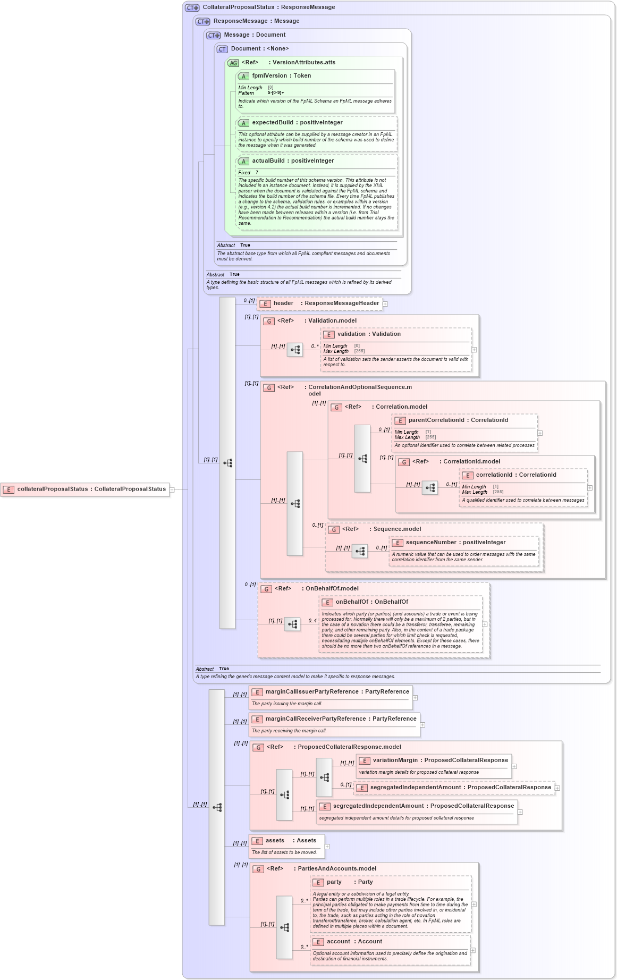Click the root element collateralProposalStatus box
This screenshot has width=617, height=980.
[x=85, y=489]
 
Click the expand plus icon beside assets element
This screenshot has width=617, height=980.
[x=327, y=847]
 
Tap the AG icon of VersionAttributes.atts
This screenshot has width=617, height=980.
[x=233, y=63]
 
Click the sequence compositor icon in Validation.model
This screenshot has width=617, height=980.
[x=295, y=350]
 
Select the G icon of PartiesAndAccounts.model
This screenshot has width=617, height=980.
[x=258, y=869]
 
